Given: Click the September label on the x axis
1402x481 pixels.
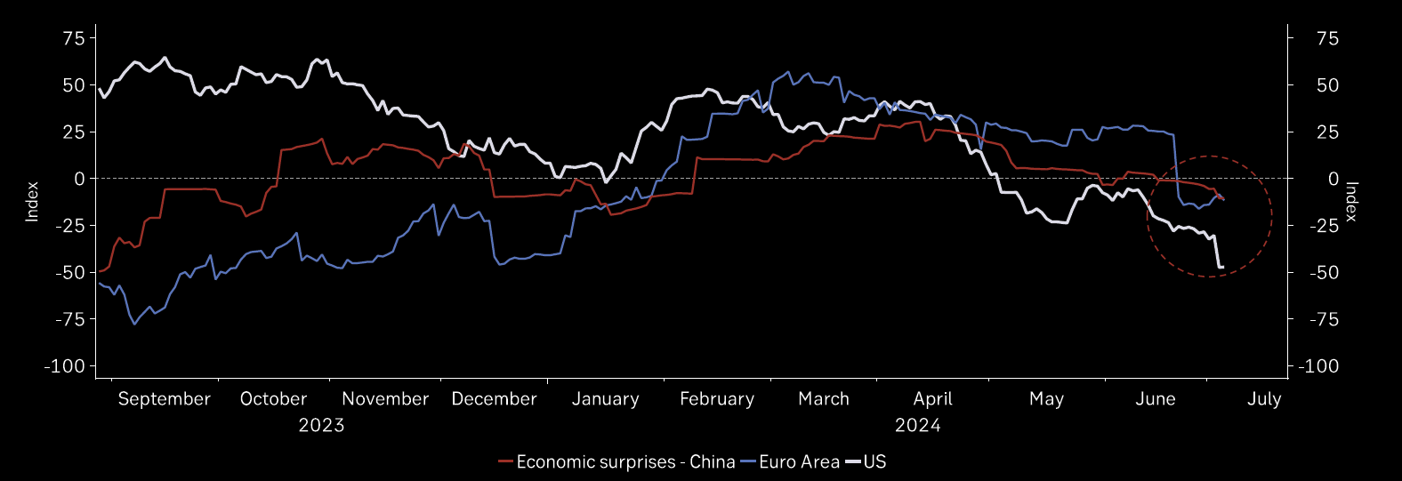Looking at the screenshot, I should coord(164,399).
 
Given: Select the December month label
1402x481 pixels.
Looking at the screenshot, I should coord(494,399).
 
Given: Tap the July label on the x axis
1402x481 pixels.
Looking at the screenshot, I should coord(1264,399).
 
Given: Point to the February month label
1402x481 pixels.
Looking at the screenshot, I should coord(717,399).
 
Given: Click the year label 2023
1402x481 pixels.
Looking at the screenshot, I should coord(321,425).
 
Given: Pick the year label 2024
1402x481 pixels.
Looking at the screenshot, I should coord(918,425).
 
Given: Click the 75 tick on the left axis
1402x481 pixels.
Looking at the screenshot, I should coord(74,38).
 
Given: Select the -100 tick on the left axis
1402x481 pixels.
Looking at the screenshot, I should coord(68,366).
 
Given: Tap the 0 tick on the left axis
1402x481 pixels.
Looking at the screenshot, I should coord(79,179).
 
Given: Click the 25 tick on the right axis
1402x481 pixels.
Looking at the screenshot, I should coord(1327,132).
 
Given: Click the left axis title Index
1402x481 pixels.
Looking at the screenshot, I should coord(32,201).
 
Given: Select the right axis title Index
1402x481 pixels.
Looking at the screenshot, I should coord(1351,201).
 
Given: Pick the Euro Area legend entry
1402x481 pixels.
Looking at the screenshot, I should coord(799,462).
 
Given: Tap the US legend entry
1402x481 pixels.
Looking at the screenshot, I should coord(874,462).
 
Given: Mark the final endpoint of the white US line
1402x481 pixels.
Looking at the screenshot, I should coord(1222,267).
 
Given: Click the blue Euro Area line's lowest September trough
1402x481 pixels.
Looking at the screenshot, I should coord(134,324).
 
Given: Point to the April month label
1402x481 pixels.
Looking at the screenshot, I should coord(932,399).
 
